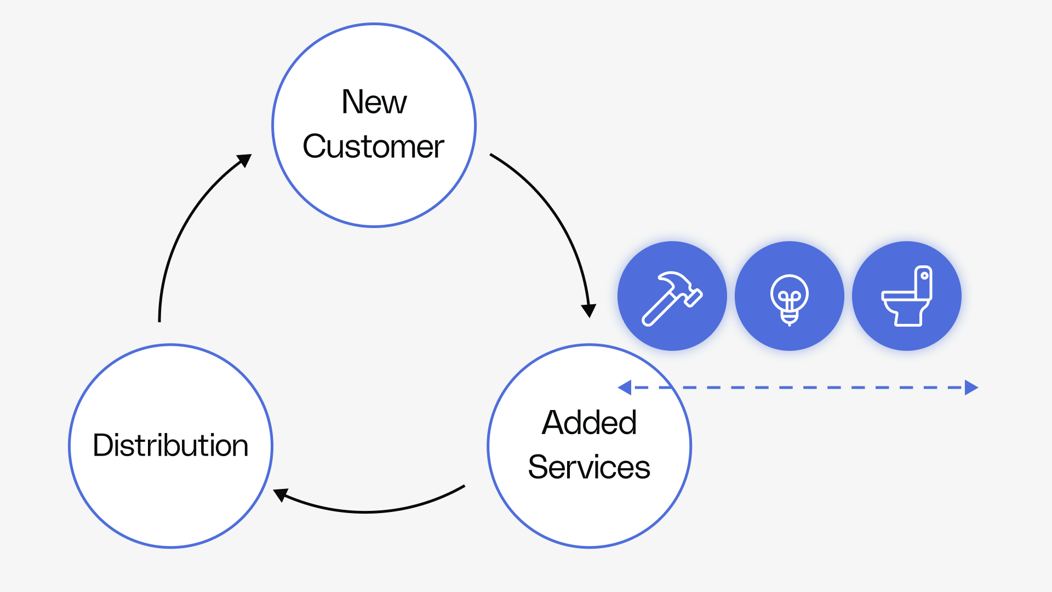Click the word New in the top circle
tap(374, 102)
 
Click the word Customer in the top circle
tap(373, 147)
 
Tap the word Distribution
tap(170, 445)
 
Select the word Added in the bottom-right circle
tap(589, 423)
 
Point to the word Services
tap(589, 468)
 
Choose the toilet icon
tap(907, 297)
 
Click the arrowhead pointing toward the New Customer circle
tap(244, 160)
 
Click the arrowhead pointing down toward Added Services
tap(588, 310)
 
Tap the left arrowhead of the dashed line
tap(625, 388)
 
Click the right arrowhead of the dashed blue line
tap(971, 388)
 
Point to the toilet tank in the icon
tap(924, 282)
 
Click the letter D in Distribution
tap(102, 445)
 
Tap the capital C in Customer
tap(315, 147)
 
